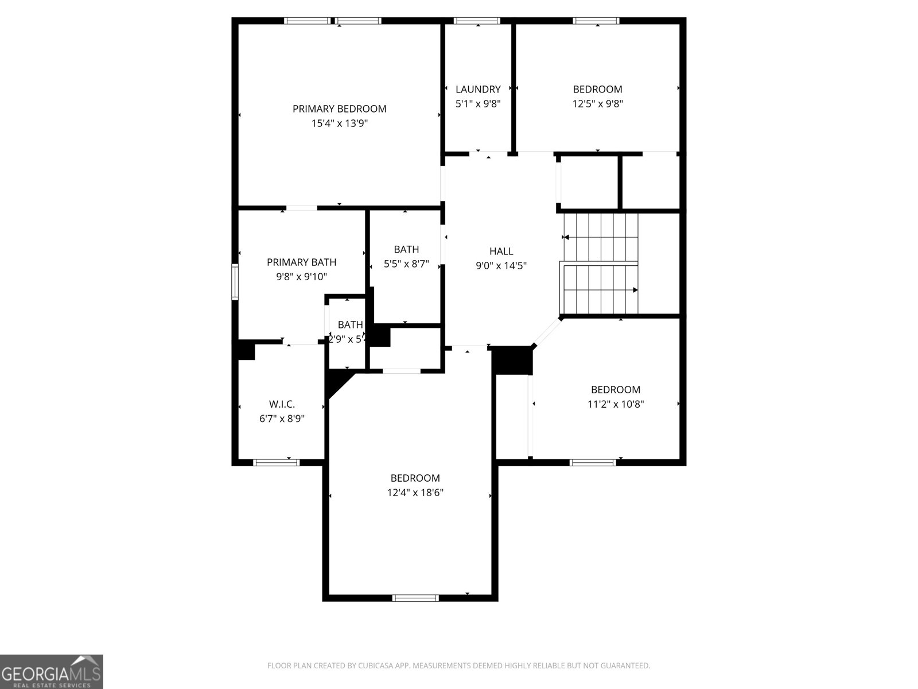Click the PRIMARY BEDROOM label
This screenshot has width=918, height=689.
[x=339, y=109]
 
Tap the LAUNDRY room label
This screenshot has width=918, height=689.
[x=478, y=89]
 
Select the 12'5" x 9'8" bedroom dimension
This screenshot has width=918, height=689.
[x=597, y=104]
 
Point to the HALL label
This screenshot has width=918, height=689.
[x=501, y=251]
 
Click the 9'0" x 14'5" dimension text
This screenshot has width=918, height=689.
[x=501, y=266]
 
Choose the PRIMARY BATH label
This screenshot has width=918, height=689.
[x=301, y=262]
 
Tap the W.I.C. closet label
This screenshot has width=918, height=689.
[x=282, y=404]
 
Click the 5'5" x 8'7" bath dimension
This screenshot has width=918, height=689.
[x=406, y=265]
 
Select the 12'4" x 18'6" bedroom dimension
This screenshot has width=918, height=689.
[x=415, y=493]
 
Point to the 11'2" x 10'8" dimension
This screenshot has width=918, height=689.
[x=616, y=404]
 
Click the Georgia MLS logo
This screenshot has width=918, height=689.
[x=51, y=671]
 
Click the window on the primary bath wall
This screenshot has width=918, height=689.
[x=235, y=282]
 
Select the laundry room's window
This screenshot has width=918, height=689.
[x=477, y=21]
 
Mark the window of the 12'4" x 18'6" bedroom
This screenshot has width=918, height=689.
[x=415, y=598]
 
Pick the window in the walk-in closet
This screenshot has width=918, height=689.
[x=276, y=462]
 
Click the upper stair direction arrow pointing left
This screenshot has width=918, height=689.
[x=566, y=237]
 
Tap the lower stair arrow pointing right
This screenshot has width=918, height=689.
[x=635, y=290]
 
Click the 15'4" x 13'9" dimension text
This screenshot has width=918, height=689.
[x=339, y=123]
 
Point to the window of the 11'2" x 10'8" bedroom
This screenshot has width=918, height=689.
[x=593, y=462]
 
